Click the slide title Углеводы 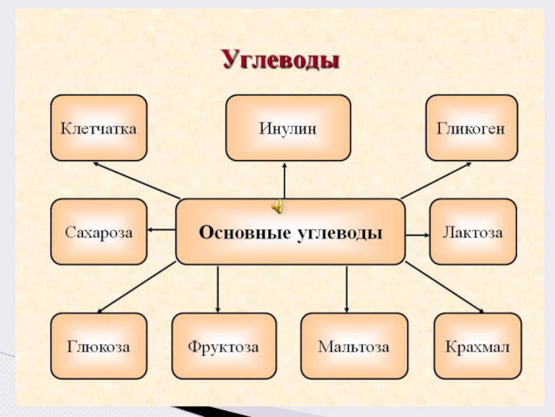280,60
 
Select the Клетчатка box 99,128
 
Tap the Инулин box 288,128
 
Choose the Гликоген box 471,128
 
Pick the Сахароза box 99,231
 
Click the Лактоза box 472,231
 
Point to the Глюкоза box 99,346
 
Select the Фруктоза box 223,346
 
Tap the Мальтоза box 354,346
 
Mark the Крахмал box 477,346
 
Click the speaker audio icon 276,206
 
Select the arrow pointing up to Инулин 284,181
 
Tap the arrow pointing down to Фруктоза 218,288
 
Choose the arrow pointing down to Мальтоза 346,288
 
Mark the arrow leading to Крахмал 444,287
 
